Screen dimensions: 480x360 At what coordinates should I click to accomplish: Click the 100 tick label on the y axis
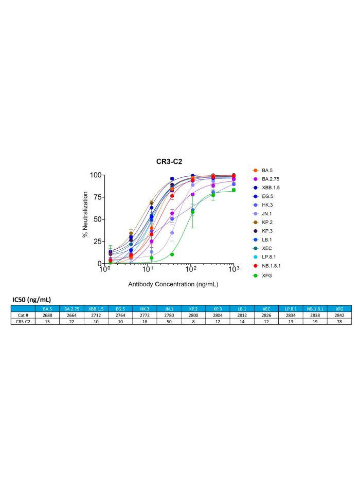pos(96,175)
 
